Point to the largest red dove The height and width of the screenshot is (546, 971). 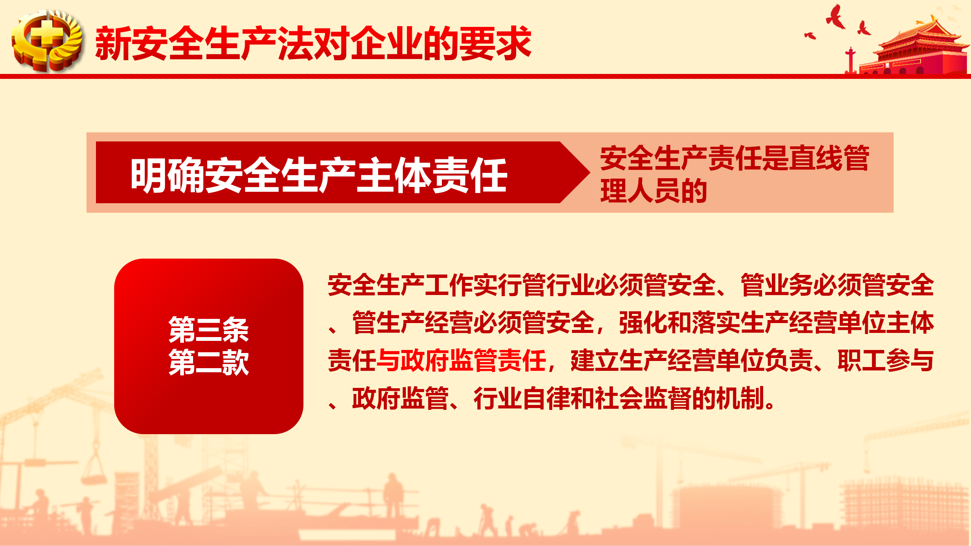[x=835, y=17]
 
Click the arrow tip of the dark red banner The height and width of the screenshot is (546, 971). [x=589, y=173]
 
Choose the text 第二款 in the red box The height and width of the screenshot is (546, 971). [x=209, y=362]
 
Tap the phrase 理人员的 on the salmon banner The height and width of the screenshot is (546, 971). [x=654, y=191]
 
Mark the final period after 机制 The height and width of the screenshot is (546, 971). [x=770, y=404]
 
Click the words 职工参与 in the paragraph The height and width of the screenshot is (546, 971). [x=886, y=360]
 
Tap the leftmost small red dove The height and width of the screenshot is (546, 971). [x=810, y=35]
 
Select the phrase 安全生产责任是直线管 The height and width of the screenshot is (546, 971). [x=735, y=158]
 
